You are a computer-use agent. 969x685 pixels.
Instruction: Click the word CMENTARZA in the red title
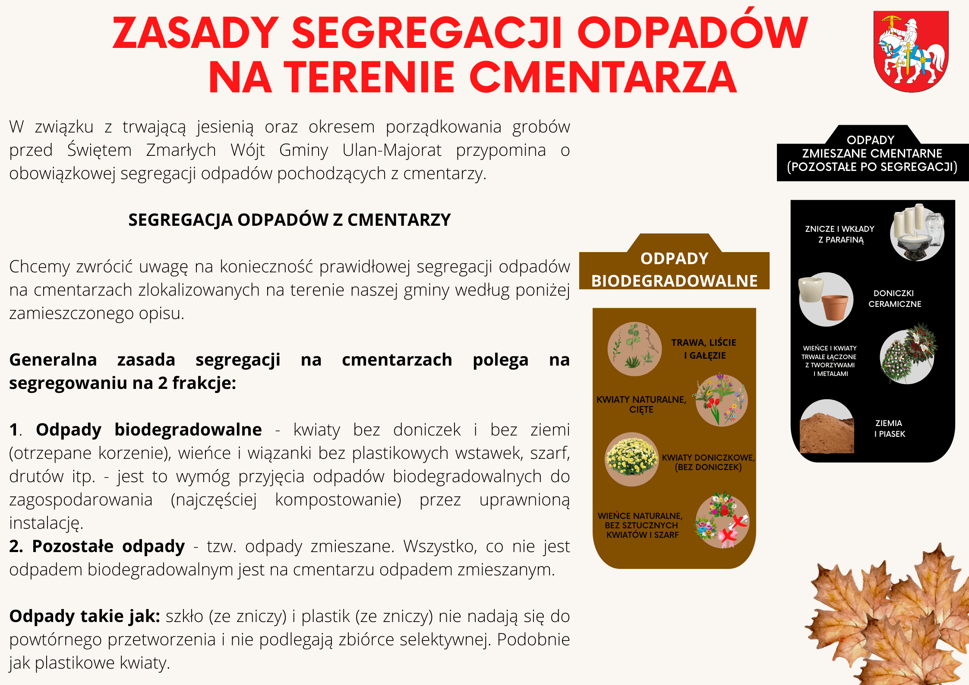(x=603, y=77)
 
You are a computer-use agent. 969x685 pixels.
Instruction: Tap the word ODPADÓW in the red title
(x=692, y=32)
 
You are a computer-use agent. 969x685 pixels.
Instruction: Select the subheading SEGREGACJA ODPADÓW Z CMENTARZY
(x=290, y=220)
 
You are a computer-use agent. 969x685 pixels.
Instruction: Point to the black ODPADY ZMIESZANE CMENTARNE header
(x=872, y=153)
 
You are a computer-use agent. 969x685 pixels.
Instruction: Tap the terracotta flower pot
(x=835, y=307)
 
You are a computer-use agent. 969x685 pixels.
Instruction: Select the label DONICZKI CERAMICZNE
(x=894, y=298)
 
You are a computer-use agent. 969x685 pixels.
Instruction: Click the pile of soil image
(x=827, y=427)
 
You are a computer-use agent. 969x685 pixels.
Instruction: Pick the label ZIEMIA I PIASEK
(x=889, y=428)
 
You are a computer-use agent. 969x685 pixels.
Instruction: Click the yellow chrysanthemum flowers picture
(x=631, y=459)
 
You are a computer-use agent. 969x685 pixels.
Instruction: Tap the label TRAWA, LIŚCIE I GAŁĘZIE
(x=704, y=349)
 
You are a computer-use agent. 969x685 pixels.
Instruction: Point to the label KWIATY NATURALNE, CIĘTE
(x=641, y=404)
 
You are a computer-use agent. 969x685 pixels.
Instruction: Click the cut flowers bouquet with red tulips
(x=720, y=400)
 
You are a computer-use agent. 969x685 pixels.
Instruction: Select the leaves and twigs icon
(x=634, y=349)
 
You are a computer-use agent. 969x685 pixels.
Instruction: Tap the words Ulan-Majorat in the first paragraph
(x=392, y=150)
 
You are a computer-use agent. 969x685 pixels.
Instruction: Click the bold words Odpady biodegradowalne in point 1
(x=149, y=429)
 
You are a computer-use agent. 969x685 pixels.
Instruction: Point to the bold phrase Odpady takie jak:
(x=85, y=616)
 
